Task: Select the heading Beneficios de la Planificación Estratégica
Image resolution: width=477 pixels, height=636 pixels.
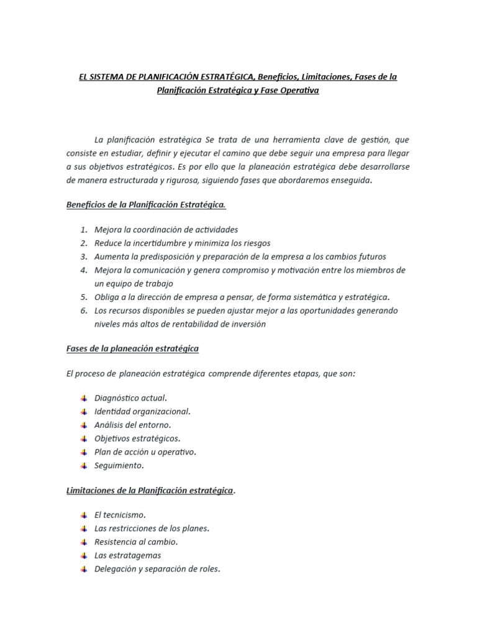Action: [146, 205]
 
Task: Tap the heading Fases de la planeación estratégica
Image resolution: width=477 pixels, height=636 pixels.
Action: [132, 348]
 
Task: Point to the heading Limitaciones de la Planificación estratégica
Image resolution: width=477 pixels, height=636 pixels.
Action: [150, 491]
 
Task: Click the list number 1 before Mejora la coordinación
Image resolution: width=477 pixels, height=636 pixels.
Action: [84, 230]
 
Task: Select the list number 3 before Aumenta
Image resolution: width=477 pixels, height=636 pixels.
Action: [84, 257]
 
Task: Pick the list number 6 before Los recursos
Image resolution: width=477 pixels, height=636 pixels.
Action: [84, 311]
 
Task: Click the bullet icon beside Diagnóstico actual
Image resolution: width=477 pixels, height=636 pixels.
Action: [84, 398]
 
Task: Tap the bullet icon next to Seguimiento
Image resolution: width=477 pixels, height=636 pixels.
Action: [84, 465]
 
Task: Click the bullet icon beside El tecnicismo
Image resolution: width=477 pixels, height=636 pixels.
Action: [84, 515]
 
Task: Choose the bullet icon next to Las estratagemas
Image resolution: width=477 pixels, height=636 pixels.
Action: [84, 555]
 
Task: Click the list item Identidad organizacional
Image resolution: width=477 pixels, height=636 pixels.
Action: [142, 411]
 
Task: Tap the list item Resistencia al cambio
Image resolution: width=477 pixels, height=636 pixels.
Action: [135, 542]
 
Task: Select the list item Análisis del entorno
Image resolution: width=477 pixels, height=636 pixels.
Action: [132, 425]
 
